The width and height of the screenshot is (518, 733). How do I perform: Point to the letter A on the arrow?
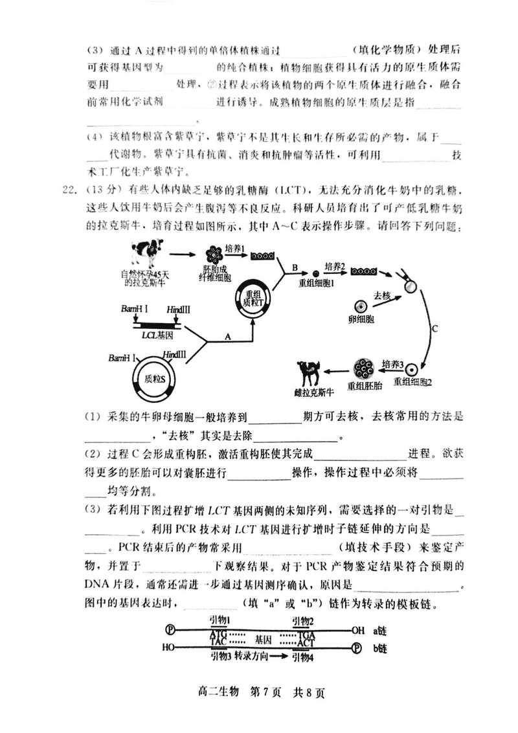[x=227, y=337]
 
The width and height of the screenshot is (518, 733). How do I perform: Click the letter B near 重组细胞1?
[x=294, y=267]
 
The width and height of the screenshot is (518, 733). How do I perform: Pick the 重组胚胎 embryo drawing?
[x=365, y=369]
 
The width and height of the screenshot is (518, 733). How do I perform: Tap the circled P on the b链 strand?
[x=357, y=646]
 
